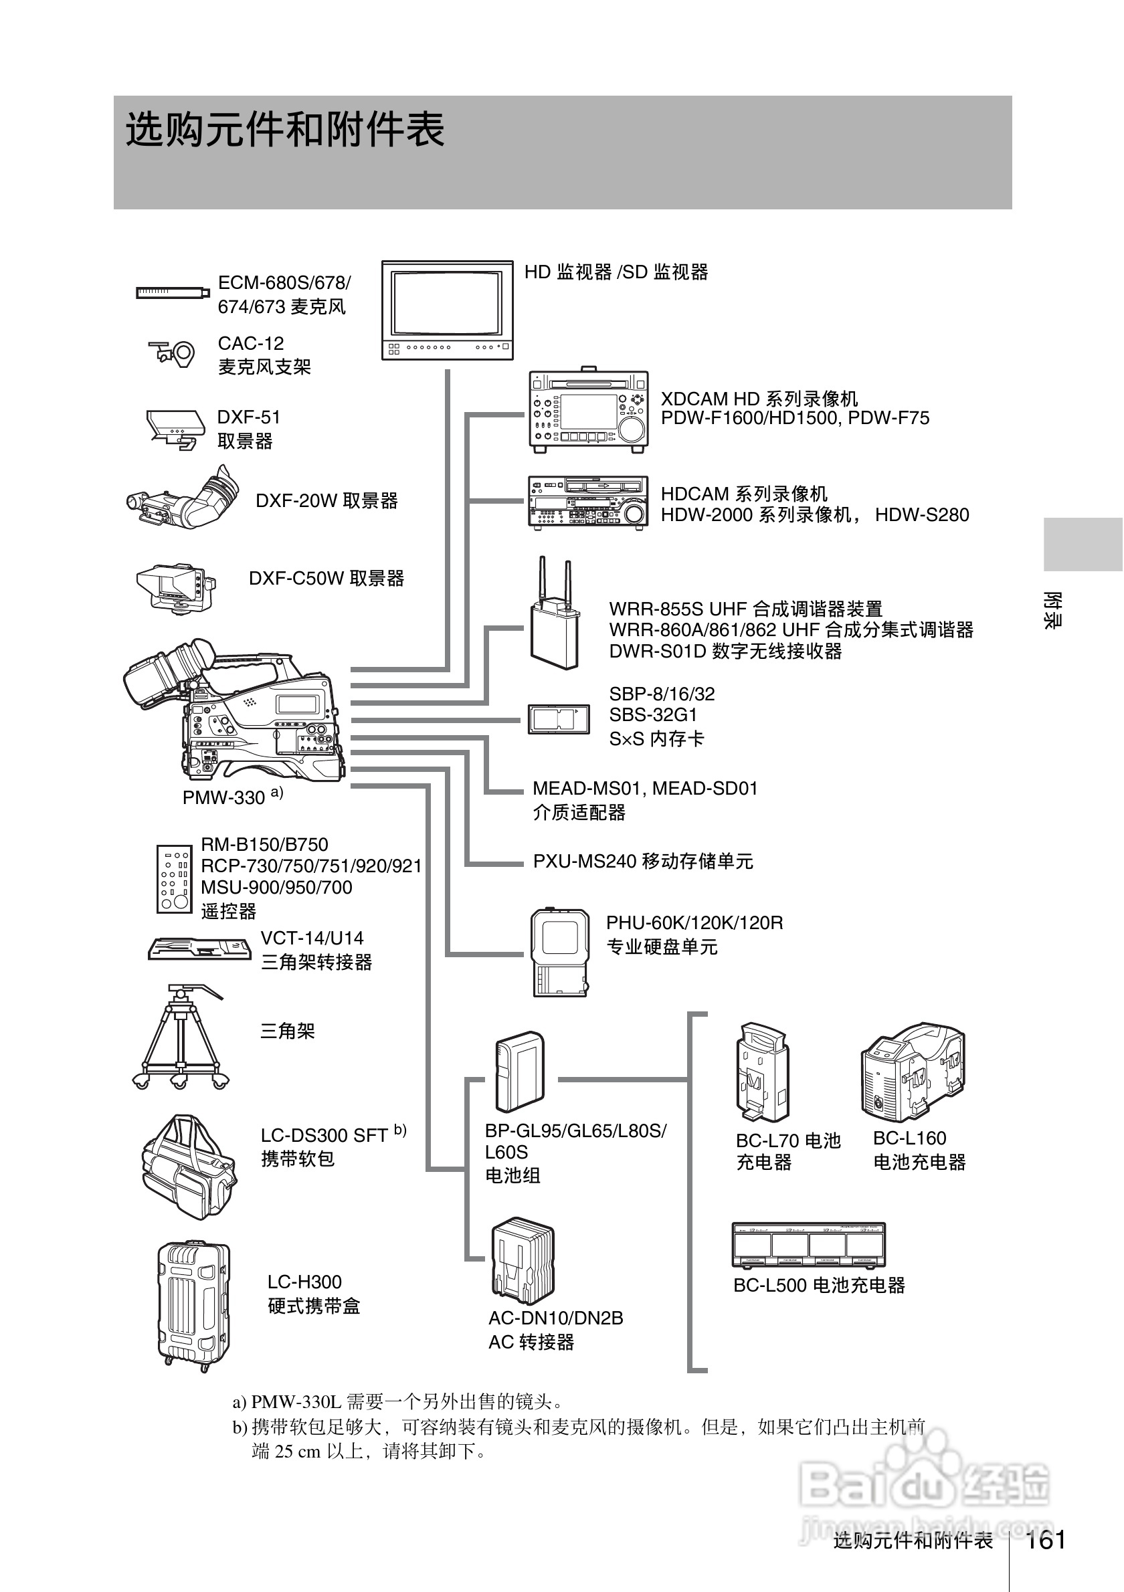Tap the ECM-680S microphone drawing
pyautogui.click(x=173, y=292)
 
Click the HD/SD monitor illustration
pyautogui.click(x=447, y=310)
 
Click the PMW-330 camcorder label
pyautogui.click(x=224, y=797)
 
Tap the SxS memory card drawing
pyautogui.click(x=558, y=719)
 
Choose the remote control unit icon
pyautogui.click(x=174, y=878)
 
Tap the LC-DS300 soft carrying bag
pyautogui.click(x=187, y=1168)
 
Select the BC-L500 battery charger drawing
pyautogui.click(x=808, y=1246)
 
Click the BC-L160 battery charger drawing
pyautogui.click(x=913, y=1072)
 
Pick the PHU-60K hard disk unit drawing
pyautogui.click(x=560, y=953)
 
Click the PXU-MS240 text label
pyautogui.click(x=642, y=861)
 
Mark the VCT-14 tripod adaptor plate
pyautogui.click(x=199, y=948)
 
